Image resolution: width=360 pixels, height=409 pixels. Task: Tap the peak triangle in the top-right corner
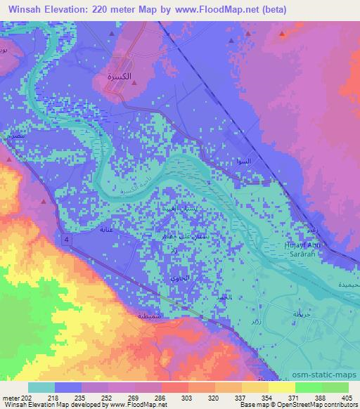282,33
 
